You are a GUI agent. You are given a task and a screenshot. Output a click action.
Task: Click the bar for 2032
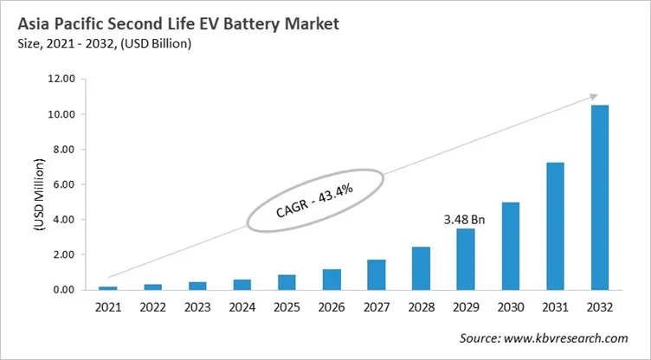click(x=600, y=197)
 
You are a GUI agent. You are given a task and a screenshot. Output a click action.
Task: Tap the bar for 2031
click(x=555, y=226)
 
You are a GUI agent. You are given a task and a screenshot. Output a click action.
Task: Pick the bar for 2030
click(x=511, y=246)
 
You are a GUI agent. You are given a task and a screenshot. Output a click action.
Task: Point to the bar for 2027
click(x=377, y=274)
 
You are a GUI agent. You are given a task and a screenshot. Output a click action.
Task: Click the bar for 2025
click(x=287, y=282)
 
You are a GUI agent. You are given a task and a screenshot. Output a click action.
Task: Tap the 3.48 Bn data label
click(x=464, y=219)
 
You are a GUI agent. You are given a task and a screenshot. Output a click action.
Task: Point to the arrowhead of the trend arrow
click(x=593, y=96)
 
